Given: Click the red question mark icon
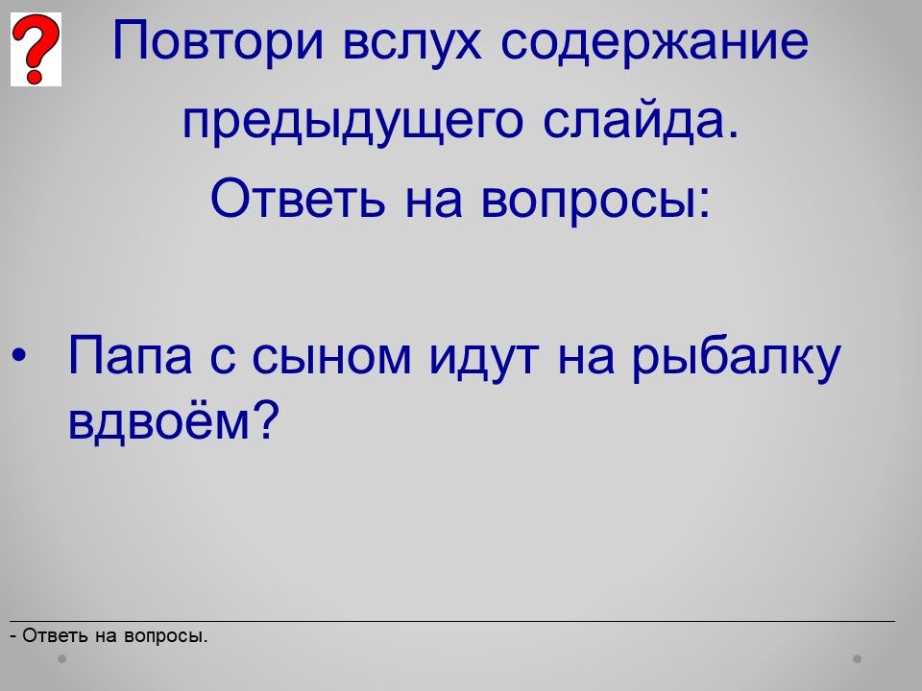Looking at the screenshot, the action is [36, 49].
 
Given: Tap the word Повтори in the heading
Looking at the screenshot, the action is [218, 41].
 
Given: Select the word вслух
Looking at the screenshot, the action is [412, 41].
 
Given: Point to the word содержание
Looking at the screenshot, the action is [654, 42].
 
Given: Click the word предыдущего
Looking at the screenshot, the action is [352, 122].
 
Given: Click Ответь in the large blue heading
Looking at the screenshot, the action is [298, 198].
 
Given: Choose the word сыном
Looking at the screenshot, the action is [331, 357].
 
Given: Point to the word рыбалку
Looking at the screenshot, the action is [737, 358].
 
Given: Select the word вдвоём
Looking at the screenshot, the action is [159, 420].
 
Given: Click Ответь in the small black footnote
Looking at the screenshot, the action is [56, 635].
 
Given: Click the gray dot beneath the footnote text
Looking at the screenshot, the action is [61, 658].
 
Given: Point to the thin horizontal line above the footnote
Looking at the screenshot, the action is [452, 621].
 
